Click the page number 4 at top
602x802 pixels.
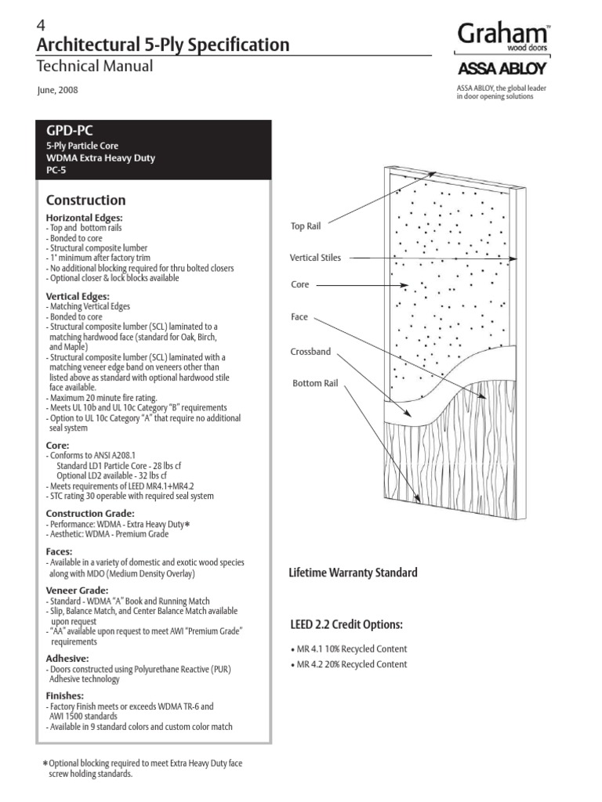[42, 25]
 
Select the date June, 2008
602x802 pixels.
[57, 90]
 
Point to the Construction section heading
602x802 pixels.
[85, 200]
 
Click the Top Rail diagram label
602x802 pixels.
[306, 226]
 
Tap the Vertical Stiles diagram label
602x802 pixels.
[315, 257]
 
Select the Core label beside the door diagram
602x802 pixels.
[300, 286]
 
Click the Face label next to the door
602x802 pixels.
[299, 317]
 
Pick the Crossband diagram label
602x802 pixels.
[310, 352]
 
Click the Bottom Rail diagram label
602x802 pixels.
[314, 383]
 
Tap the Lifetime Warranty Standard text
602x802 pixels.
[354, 573]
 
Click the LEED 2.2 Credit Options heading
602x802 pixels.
[346, 624]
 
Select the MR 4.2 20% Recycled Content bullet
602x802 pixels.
[350, 664]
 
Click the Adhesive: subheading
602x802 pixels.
[67, 659]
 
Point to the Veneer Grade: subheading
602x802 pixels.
[77, 590]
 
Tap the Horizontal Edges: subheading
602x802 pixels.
[84, 217]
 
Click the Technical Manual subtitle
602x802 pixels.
[95, 67]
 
